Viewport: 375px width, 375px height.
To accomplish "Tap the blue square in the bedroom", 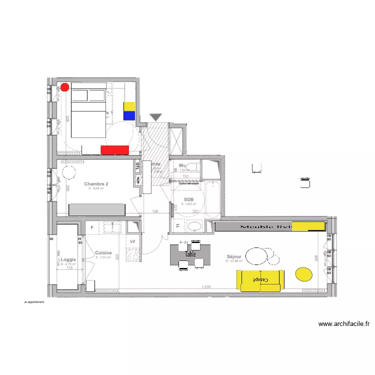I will coord(129,115).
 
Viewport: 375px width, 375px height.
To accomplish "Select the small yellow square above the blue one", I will coord(129,106).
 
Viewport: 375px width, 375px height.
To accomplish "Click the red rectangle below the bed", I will coord(115,149).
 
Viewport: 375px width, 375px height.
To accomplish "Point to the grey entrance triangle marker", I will coord(156,117).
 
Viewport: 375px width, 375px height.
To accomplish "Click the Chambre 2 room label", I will coord(96,184).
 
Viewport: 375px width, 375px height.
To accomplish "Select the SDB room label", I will coord(188,199).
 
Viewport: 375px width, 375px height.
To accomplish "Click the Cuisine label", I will coord(103,253).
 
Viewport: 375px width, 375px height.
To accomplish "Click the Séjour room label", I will coord(234,256).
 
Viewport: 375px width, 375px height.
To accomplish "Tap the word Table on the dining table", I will coord(190,254).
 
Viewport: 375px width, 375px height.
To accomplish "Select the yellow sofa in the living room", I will coord(260,280).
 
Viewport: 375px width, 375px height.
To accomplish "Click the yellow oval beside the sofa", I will coord(304,274).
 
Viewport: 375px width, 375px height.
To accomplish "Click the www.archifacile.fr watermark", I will coord(344,324).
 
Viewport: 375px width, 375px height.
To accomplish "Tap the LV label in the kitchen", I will coord(133,241).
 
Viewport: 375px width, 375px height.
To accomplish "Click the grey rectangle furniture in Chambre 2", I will coord(96,209).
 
